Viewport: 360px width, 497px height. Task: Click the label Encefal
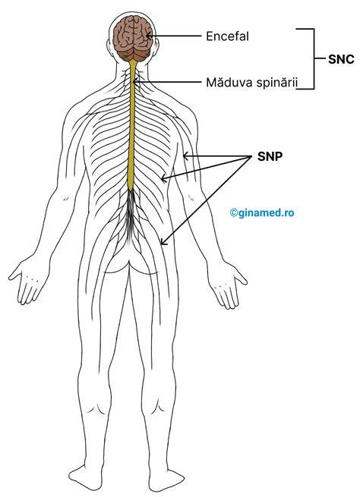(227, 36)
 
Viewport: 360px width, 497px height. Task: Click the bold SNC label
(341, 59)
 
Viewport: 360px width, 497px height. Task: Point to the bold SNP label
(270, 156)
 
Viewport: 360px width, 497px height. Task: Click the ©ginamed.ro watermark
(262, 212)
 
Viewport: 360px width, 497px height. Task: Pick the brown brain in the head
(133, 39)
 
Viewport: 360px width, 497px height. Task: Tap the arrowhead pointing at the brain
(148, 36)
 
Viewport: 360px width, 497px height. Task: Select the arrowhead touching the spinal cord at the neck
(134, 82)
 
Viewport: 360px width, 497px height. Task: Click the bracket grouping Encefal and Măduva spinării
(314, 58)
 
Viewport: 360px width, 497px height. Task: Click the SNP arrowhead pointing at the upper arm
(186, 156)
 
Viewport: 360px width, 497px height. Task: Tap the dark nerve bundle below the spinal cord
(131, 215)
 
